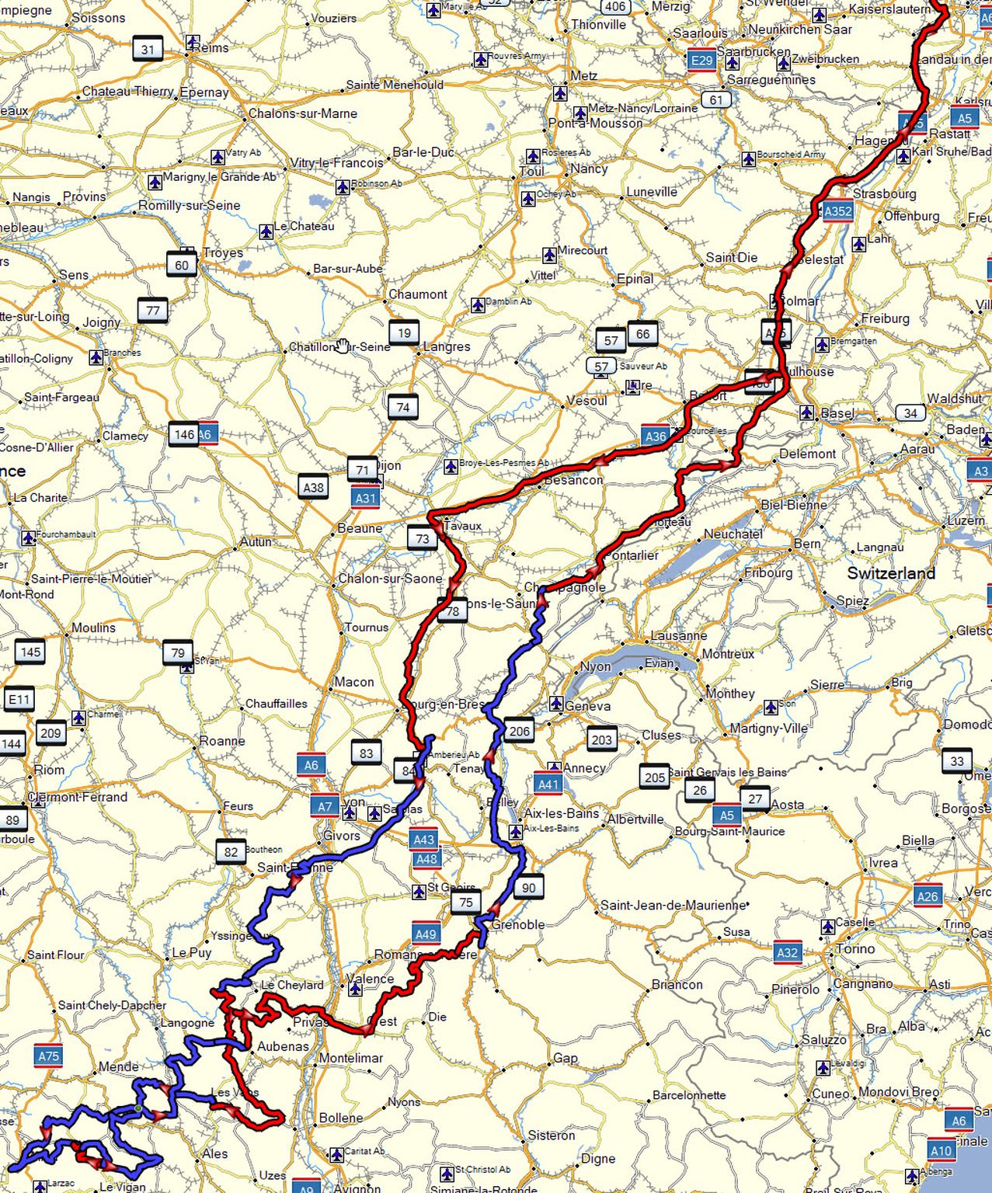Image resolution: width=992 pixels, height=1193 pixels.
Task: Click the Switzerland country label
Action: click(891, 573)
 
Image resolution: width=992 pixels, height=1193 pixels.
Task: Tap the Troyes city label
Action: click(223, 253)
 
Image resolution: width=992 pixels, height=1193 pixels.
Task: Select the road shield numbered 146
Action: click(184, 434)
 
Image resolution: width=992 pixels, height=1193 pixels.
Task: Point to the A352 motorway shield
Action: click(837, 211)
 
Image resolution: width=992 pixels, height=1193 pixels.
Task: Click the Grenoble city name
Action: click(518, 924)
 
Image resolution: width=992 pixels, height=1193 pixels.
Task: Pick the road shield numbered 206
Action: click(519, 731)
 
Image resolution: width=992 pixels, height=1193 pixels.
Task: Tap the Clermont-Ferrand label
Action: click(78, 797)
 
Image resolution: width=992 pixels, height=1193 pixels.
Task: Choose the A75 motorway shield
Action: click(48, 1056)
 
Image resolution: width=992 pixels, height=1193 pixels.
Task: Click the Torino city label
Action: click(855, 948)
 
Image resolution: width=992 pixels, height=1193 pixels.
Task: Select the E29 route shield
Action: click(701, 61)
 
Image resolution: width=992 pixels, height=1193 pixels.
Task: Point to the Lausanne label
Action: click(679, 635)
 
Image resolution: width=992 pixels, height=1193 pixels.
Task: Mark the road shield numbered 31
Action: click(148, 50)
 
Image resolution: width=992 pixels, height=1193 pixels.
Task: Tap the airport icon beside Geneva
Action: click(555, 704)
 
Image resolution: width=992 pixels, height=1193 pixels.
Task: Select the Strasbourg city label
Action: click(885, 193)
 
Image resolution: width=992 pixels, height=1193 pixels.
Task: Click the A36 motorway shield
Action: click(656, 437)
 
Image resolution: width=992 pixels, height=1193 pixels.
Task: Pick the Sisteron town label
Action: click(552, 1135)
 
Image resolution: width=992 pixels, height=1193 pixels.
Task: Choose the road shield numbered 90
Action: click(528, 888)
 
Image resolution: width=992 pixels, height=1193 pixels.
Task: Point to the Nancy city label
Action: click(589, 169)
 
